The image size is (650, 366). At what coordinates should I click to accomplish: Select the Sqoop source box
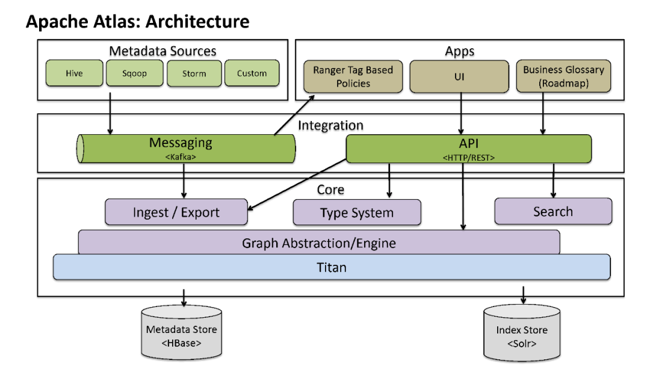(134, 73)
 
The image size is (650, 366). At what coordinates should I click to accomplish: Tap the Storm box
(194, 73)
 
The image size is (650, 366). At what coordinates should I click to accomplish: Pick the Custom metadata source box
(252, 73)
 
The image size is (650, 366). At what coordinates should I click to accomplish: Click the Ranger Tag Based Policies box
(353, 76)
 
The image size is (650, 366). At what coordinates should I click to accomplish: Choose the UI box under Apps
(459, 76)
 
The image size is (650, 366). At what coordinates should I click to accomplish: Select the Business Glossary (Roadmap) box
(563, 76)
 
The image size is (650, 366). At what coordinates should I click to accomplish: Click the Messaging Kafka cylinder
(187, 148)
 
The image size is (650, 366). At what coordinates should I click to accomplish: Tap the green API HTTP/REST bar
(468, 148)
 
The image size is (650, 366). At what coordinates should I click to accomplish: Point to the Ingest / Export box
(176, 212)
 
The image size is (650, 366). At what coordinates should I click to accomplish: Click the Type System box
(357, 212)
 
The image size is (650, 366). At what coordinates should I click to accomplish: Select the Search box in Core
(552, 211)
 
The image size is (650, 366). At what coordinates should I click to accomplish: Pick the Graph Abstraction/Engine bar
(319, 243)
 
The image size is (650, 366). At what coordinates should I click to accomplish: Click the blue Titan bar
(332, 267)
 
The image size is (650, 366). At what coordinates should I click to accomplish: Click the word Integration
(330, 125)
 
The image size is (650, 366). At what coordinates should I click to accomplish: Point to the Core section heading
(330, 189)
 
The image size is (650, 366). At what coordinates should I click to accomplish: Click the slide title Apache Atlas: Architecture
(138, 22)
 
